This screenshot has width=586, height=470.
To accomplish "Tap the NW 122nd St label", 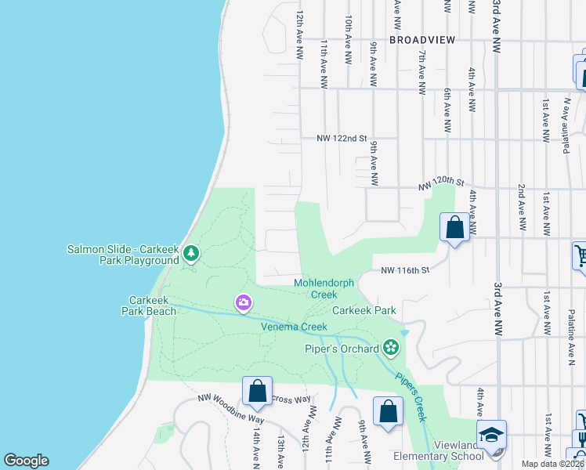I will [x=342, y=138].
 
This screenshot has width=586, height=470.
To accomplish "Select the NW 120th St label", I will [x=436, y=183].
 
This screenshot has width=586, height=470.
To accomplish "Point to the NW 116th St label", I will [x=406, y=270].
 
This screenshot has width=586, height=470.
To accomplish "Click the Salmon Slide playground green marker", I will [x=191, y=253].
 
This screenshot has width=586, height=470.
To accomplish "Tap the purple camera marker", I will [x=243, y=302].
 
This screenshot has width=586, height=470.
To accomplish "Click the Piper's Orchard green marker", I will [x=390, y=348].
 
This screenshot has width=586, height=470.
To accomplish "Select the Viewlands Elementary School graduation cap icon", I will [x=491, y=435].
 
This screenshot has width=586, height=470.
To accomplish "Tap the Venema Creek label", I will [x=293, y=327].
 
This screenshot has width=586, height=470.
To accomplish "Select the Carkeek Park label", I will [x=364, y=310].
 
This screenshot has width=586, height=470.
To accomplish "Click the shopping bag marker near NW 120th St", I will [x=454, y=228].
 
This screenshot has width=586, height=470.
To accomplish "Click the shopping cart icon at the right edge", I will [x=581, y=255].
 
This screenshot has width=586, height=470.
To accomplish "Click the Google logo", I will [x=26, y=461].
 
